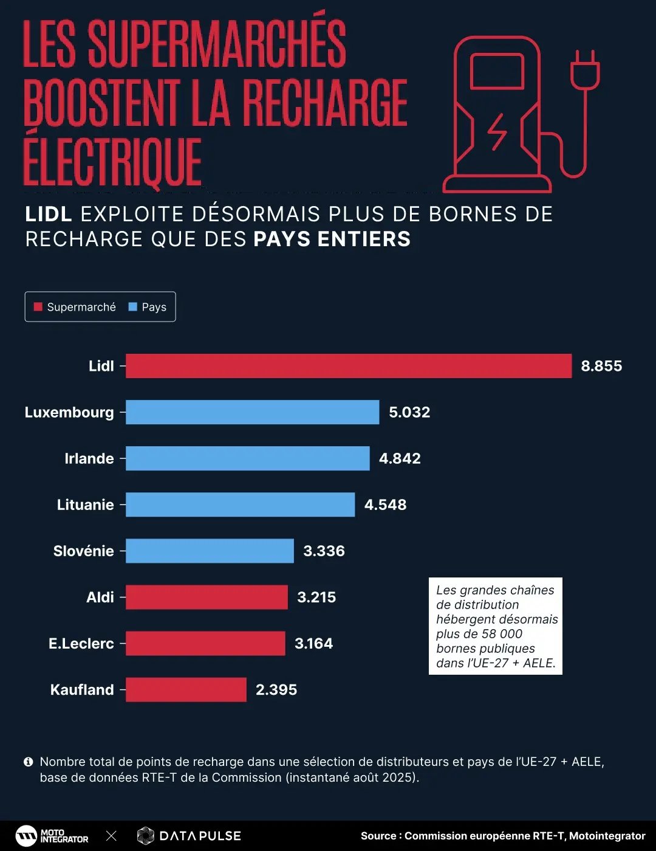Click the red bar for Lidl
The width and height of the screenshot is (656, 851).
pyautogui.click(x=349, y=366)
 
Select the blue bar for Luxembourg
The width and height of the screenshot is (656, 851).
pyautogui.click(x=252, y=412)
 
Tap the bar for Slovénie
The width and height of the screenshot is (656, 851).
pyautogui.click(x=210, y=551)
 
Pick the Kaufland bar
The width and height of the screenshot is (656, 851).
pyautogui.click(x=186, y=689)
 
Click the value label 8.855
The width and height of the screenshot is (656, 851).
pyautogui.click(x=601, y=366)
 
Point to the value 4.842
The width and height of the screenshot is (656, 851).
pyautogui.click(x=400, y=458)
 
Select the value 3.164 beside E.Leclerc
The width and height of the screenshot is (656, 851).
pyautogui.click(x=313, y=643)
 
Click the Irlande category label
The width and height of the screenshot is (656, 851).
pyautogui.click(x=89, y=458)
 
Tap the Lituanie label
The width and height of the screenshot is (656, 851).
pyautogui.click(x=86, y=505)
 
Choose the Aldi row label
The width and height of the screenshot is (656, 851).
pyautogui.click(x=100, y=597)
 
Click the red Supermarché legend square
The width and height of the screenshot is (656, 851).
pyautogui.click(x=38, y=307)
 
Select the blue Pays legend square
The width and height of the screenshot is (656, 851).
pyautogui.click(x=133, y=307)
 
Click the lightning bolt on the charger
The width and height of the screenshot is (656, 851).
pyautogui.click(x=497, y=131)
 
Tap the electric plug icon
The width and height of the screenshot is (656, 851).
pyautogui.click(x=584, y=70)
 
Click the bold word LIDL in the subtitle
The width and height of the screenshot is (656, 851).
pyautogui.click(x=49, y=214)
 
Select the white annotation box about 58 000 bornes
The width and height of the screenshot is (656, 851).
pyautogui.click(x=496, y=626)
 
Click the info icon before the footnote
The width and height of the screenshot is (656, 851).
pyautogui.click(x=28, y=762)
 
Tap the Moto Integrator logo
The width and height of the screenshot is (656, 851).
pyautogui.click(x=52, y=836)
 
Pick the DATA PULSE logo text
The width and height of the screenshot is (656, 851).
pyautogui.click(x=200, y=836)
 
